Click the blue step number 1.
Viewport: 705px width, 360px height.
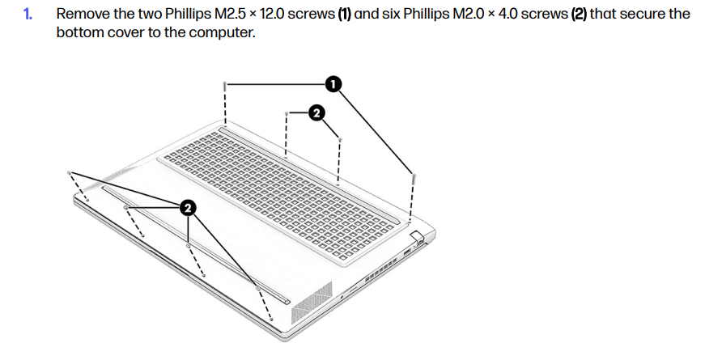(x=28, y=15)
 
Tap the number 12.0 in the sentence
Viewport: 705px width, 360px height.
(x=270, y=15)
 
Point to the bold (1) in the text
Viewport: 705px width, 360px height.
(x=345, y=15)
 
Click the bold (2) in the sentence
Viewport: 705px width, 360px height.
(x=579, y=15)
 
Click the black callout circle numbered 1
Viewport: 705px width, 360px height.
(x=333, y=84)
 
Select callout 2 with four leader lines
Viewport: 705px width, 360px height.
(x=188, y=208)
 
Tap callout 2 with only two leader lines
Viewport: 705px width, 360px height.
(x=316, y=112)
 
